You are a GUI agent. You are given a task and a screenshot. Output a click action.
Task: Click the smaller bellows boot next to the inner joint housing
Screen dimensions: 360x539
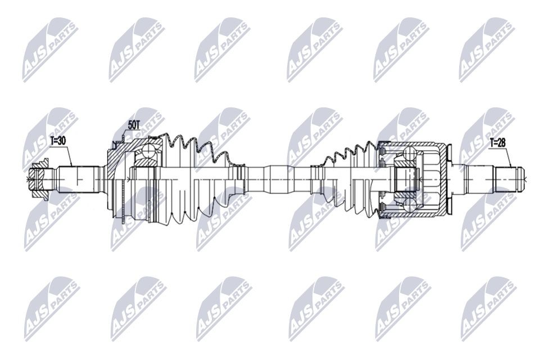coord(346,174)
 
